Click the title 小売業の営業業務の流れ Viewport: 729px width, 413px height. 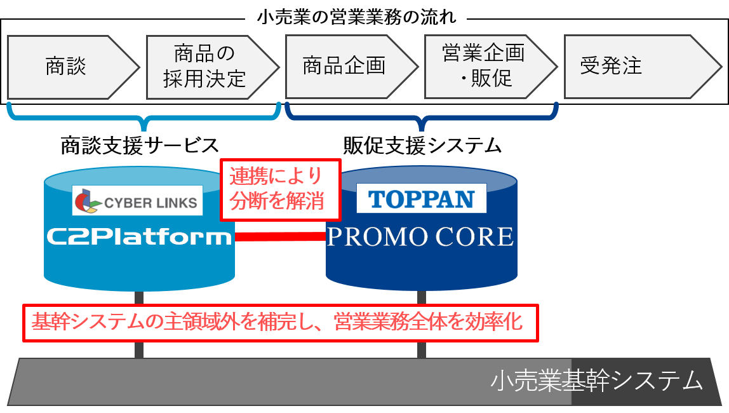tap(356, 18)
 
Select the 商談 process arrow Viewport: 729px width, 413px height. tap(66, 67)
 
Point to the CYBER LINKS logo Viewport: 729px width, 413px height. tap(138, 201)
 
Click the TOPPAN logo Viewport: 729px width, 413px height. tap(422, 198)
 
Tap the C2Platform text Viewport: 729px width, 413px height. tap(139, 237)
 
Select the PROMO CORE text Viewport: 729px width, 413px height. tap(420, 237)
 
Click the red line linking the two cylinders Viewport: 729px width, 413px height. tap(279, 237)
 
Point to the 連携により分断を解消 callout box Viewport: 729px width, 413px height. tap(280, 189)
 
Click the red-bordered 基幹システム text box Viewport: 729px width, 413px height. tap(280, 323)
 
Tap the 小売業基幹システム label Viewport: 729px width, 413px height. tap(597, 381)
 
